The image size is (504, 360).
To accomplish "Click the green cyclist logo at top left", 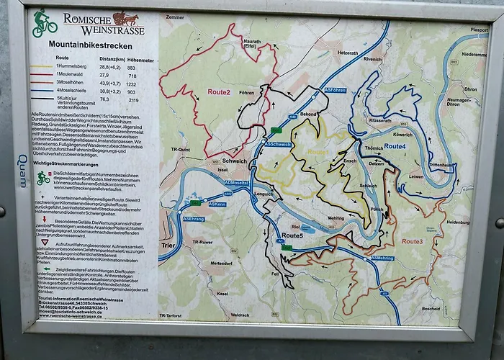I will [x=44, y=24].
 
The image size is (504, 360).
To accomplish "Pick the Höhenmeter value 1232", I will [x=131, y=84].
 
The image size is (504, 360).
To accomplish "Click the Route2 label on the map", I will [x=219, y=92].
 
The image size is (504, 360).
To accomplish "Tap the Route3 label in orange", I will [x=413, y=241].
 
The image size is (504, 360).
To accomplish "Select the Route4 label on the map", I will [x=395, y=146].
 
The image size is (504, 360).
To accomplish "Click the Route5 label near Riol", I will [x=292, y=235].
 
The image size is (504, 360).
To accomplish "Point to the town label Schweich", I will [x=235, y=161].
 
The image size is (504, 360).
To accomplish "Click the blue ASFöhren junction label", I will [x=336, y=90].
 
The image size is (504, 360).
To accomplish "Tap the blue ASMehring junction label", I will [x=382, y=257].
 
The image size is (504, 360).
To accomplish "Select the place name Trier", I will [x=168, y=246].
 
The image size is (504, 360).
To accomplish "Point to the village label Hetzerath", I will [x=348, y=53].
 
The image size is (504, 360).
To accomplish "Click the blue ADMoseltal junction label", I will [x=237, y=182].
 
